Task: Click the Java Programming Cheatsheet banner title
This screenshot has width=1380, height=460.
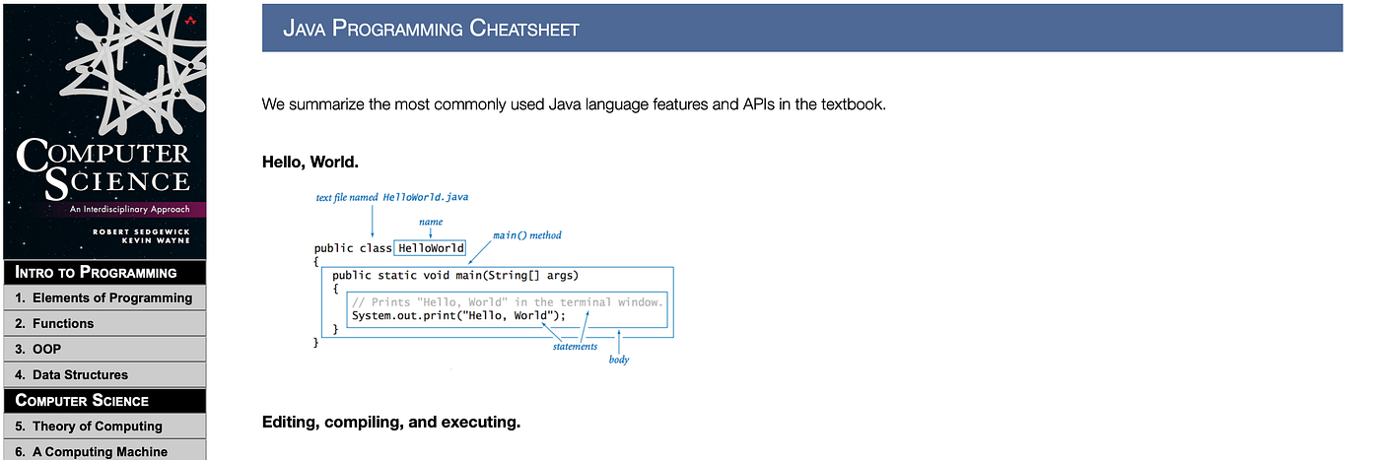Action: coord(431,28)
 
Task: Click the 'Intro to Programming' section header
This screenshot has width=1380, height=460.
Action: coord(97,272)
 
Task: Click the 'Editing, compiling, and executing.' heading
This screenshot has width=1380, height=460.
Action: coord(390,423)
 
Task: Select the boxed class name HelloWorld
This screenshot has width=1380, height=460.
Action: coord(431,248)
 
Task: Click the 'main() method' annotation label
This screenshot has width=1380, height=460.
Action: coord(526,235)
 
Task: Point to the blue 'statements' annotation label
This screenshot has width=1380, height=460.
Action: coord(575,347)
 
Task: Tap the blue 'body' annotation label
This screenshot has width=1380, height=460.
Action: coord(618,360)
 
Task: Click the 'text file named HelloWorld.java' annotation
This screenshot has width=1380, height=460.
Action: coord(391,197)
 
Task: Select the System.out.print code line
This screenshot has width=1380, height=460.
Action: coord(458,316)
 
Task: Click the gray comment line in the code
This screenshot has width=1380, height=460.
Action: coord(507,301)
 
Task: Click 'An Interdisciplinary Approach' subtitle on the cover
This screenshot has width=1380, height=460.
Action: coord(129,209)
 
